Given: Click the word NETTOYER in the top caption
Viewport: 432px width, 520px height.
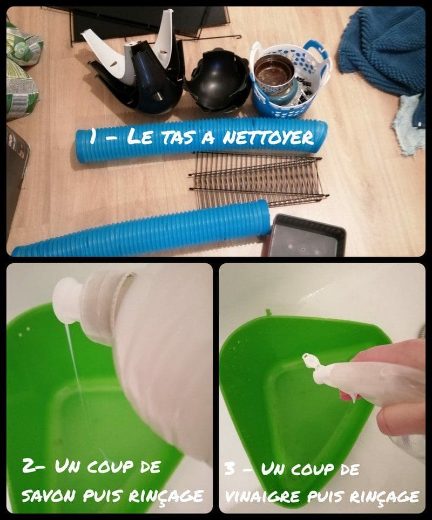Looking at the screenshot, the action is coord(268,136).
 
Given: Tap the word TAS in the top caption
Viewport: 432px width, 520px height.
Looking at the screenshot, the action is coord(178,137).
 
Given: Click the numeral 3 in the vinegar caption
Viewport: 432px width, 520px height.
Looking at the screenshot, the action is coord(231,469).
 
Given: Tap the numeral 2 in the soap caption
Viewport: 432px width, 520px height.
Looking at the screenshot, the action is coord(28,466).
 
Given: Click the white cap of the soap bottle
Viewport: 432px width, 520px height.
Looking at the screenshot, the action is coord(67,300).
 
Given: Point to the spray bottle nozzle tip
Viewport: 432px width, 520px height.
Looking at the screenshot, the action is coord(308,359).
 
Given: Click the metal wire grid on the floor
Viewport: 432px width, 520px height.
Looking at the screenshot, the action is coord(258,179).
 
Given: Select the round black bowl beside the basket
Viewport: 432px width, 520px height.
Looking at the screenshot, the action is coord(218,80).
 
